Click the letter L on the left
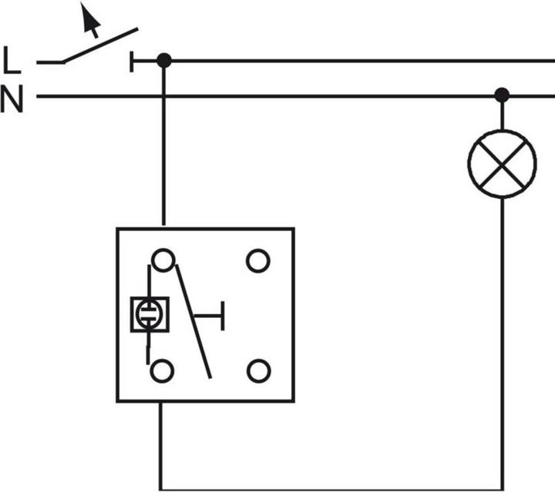tap(12, 60)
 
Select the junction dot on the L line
tap(163, 60)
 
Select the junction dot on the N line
tap(502, 95)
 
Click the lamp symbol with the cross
tap(502, 163)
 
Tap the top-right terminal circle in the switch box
tap(258, 261)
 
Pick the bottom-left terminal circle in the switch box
tap(162, 371)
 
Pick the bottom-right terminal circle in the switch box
tap(258, 371)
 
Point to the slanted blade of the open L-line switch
tap(100, 45)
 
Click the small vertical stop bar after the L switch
tap(133, 61)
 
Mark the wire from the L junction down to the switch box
tap(163, 146)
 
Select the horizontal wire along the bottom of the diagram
tap(331, 488)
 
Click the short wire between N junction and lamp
tap(502, 115)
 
